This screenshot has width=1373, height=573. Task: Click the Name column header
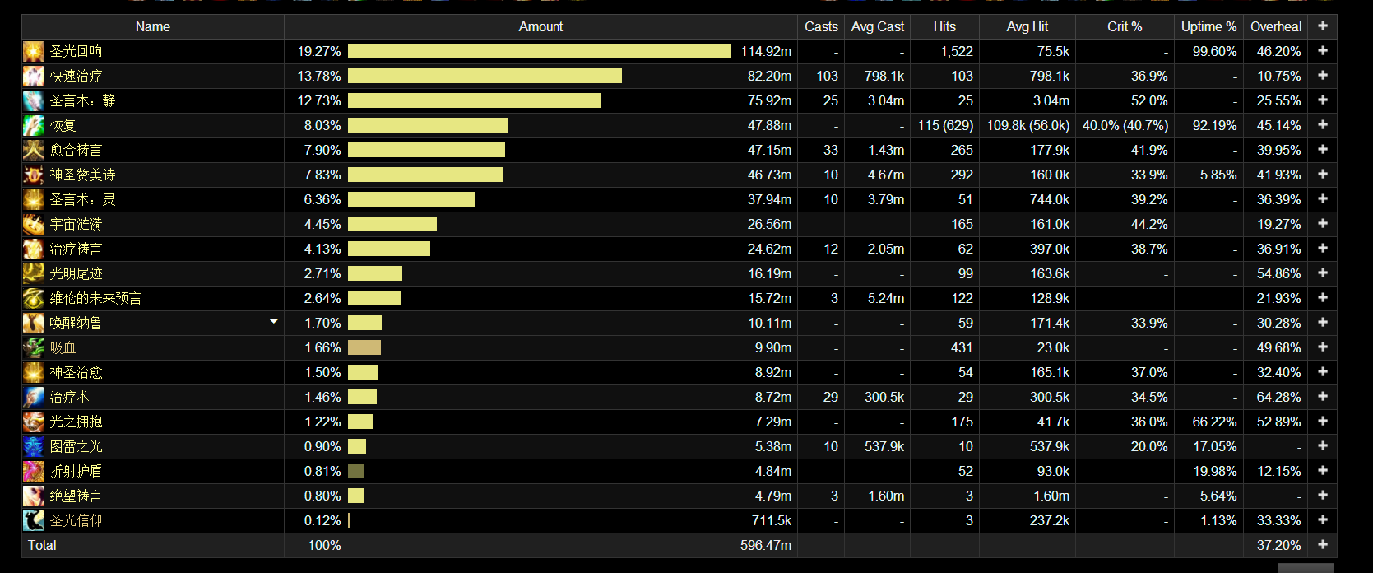[152, 26]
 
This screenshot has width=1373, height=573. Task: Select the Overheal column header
[1275, 26]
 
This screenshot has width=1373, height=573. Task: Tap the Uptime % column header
[1208, 26]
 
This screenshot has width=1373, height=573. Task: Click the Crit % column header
[1124, 26]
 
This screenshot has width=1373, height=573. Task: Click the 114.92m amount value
[766, 51]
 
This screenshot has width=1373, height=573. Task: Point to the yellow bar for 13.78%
[485, 76]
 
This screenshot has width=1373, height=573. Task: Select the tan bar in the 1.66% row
[364, 347]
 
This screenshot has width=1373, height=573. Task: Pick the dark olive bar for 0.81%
[356, 471]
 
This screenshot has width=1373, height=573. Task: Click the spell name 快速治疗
[76, 76]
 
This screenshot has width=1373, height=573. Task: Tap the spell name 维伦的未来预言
[95, 298]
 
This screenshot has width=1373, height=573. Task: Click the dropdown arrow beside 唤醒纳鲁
[274, 322]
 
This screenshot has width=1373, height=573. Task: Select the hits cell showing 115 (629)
[945, 125]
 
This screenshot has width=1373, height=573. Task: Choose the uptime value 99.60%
[1214, 51]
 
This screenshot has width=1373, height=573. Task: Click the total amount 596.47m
[765, 545]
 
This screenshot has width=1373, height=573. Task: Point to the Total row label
[42, 545]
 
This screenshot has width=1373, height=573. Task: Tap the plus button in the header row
[1322, 26]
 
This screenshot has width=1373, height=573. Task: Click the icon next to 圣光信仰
[33, 520]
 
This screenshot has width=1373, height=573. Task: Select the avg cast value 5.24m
[885, 298]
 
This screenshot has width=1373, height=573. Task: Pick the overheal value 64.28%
[1278, 397]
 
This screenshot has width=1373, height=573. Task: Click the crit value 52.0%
[1148, 100]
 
